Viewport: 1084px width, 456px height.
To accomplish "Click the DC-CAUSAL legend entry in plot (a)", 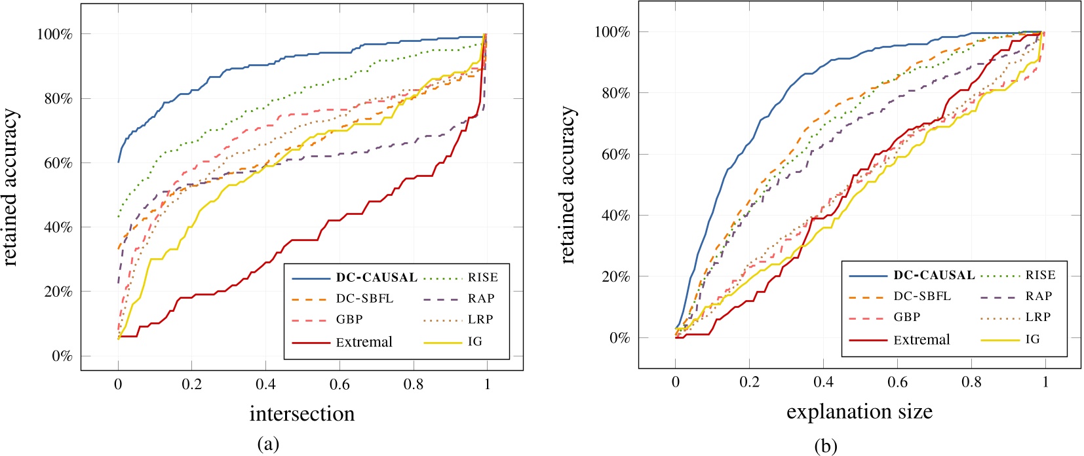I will pos(376,277).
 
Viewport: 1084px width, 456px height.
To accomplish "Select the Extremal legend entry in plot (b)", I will pos(921,339).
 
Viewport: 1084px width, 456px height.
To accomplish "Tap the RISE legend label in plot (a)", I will pos(482,277).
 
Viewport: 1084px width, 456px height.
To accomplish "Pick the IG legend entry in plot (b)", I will pos(1032,339).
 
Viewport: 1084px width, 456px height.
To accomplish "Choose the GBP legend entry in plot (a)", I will pos(349,319).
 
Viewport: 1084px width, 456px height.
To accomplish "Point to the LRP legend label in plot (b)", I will pos(1038,317).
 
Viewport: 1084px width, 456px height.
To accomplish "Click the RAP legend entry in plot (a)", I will pos(481,298).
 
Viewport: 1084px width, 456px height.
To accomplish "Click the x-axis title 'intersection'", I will pos(302,413).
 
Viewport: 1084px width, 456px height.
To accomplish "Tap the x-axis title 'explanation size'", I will pos(859,411).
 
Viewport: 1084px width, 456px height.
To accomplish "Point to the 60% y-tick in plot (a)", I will pos(58,162).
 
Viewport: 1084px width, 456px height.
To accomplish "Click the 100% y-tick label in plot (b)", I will pos(611,32).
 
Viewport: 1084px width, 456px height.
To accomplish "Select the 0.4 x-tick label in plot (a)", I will pos(265,385).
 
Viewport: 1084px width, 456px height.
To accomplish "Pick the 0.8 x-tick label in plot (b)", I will pos(971,382).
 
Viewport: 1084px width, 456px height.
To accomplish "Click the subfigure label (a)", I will pos(268,444).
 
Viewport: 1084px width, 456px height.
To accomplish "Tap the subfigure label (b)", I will pos(826,446).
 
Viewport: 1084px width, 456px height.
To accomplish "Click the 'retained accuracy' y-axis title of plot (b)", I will pos(568,185).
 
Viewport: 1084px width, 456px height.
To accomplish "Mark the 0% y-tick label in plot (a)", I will pos(62,356).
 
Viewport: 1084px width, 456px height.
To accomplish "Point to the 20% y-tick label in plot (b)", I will pos(615,276).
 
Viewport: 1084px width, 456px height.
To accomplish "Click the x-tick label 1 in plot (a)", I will pos(487,385).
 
